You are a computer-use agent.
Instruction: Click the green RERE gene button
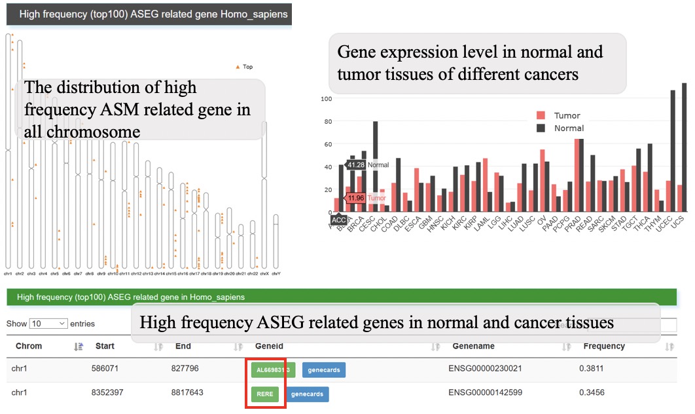[264, 394]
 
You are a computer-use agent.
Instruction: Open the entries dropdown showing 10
[48, 324]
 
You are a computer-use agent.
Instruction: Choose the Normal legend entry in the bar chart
[560, 128]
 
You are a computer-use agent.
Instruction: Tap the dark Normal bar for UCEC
[673, 151]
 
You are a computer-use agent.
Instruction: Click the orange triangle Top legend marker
[238, 67]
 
